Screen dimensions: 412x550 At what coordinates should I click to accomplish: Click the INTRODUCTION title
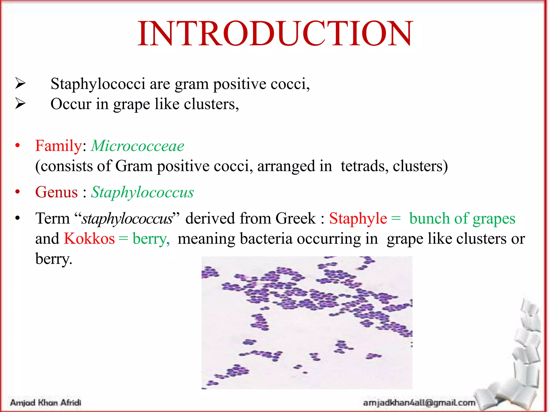click(x=275, y=34)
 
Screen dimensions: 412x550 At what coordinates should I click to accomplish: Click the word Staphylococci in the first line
click(x=98, y=84)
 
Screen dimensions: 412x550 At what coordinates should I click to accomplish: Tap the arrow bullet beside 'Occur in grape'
click(x=20, y=104)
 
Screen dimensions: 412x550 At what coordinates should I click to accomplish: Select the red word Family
click(x=58, y=146)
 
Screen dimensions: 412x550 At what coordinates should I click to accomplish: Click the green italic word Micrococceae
click(x=137, y=146)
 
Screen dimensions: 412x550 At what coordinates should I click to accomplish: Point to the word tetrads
click(x=364, y=166)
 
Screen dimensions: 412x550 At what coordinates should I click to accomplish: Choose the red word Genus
click(x=56, y=192)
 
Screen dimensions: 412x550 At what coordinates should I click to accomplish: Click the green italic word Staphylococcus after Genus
click(x=142, y=193)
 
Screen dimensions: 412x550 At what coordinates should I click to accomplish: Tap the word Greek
click(x=295, y=218)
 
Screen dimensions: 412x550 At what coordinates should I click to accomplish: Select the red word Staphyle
click(x=358, y=218)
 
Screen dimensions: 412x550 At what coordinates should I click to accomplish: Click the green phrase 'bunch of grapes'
click(x=462, y=219)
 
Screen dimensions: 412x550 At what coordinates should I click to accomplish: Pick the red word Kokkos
click(x=89, y=238)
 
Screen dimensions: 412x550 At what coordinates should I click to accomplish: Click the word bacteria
click(x=266, y=238)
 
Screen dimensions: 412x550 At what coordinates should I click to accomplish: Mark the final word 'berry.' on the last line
click(x=54, y=259)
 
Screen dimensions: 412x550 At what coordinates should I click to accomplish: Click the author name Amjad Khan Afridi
click(x=46, y=402)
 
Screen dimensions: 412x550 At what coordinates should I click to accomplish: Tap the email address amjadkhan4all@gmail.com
click(x=419, y=402)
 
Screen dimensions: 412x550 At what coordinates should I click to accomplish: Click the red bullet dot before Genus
click(x=18, y=192)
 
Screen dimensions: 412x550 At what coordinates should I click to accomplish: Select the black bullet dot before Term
click(x=18, y=218)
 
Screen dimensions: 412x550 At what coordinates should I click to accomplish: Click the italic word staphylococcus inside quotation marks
click(x=127, y=219)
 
